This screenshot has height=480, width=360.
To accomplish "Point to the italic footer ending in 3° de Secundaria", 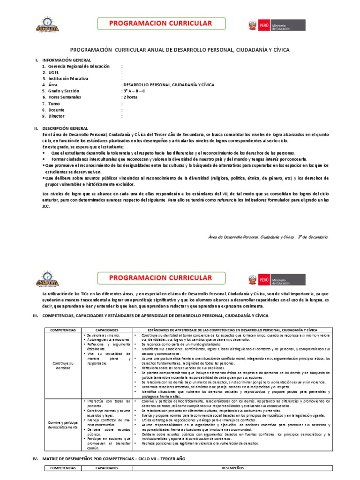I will pos(268,237).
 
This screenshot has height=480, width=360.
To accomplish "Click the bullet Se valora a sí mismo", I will pos(102,336).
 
